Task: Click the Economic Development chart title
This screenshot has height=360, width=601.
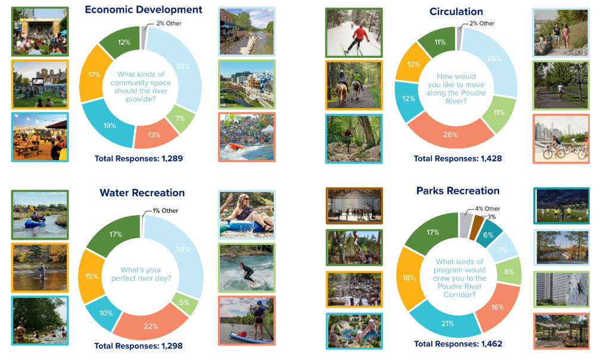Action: click(x=144, y=10)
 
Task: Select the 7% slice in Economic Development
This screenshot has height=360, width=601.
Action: click(x=180, y=119)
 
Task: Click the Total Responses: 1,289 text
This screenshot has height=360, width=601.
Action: click(x=139, y=159)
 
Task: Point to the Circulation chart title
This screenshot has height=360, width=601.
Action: click(x=456, y=11)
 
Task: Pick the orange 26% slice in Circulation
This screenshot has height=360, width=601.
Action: click(x=451, y=134)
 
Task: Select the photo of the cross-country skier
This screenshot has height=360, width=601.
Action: click(x=354, y=33)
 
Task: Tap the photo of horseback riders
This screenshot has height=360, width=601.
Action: click(x=354, y=85)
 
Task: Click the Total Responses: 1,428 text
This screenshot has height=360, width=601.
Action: click(x=457, y=159)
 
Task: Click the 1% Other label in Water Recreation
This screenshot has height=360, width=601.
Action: click(x=165, y=210)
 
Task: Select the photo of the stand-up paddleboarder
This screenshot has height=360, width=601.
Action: click(x=247, y=321)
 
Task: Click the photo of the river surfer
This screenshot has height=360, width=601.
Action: click(x=247, y=268)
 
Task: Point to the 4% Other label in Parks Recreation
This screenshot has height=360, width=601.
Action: click(x=488, y=209)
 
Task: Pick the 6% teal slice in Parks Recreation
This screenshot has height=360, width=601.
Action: click(x=488, y=234)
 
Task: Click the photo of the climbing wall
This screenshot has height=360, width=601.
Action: click(x=562, y=290)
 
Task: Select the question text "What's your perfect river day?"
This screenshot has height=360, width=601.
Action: click(x=141, y=274)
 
